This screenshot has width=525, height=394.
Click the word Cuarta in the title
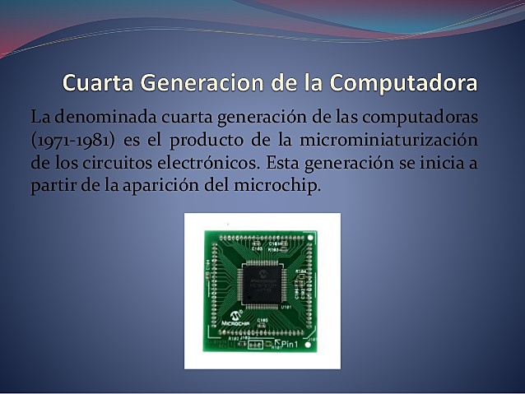98,84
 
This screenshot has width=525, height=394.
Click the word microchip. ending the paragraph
276,185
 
